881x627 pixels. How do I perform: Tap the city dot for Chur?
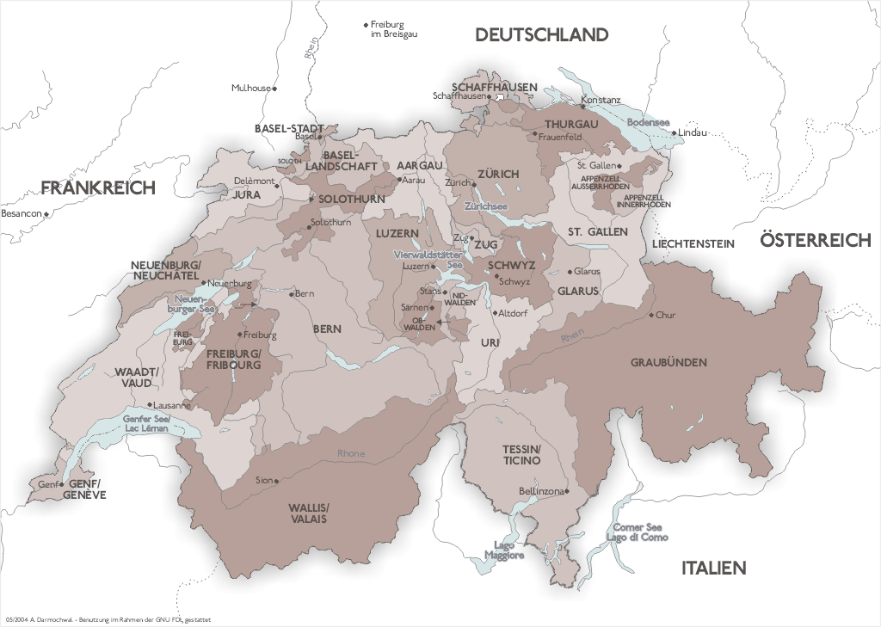pyautogui.click(x=651, y=315)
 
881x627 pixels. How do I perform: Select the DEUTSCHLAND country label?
pyautogui.click(x=541, y=35)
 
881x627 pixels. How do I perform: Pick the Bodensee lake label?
pyautogui.click(x=648, y=122)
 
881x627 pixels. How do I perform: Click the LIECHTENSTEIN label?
pyautogui.click(x=693, y=244)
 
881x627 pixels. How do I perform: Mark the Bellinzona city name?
pyautogui.click(x=539, y=491)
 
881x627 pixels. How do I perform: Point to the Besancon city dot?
pyautogui.click(x=46, y=212)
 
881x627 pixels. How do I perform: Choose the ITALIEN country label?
pyautogui.click(x=713, y=568)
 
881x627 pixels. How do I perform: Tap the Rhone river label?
pyautogui.click(x=351, y=453)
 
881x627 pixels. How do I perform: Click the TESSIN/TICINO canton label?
pyautogui.click(x=522, y=455)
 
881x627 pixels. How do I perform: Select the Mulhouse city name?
pyautogui.click(x=250, y=88)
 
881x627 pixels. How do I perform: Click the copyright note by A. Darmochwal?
pyautogui.click(x=108, y=619)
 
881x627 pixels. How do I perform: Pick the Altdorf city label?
pyautogui.click(x=512, y=313)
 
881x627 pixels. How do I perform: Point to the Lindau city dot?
pyautogui.click(x=675, y=132)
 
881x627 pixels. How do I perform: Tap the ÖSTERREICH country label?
pyautogui.click(x=815, y=241)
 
